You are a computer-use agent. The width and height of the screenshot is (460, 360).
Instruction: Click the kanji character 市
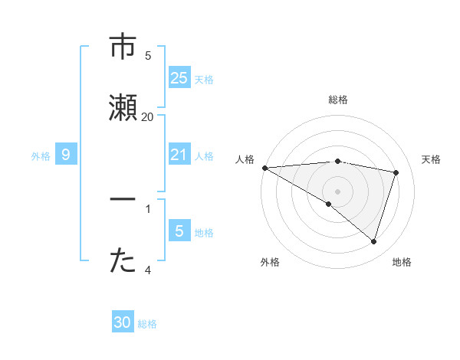123,47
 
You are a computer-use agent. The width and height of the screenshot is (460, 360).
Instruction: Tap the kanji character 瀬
123,108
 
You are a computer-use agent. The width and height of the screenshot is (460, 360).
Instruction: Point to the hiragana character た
123,261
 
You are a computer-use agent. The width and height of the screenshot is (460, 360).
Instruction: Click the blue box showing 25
179,77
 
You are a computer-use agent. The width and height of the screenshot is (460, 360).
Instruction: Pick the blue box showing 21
179,155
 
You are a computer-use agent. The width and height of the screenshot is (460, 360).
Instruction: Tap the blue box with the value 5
179,231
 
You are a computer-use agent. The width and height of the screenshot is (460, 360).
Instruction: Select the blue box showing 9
66,155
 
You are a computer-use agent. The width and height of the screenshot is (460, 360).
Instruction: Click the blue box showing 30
123,322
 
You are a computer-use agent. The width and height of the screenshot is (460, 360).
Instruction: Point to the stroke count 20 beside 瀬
147,116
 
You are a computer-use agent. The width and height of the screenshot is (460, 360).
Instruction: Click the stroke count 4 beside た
148,270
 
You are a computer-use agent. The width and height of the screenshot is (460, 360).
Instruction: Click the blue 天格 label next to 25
204,79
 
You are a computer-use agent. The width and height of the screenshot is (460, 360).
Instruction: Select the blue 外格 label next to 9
41,155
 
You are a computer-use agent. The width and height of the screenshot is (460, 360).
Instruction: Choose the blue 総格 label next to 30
147,324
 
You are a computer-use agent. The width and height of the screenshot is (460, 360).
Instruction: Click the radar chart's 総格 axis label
338,100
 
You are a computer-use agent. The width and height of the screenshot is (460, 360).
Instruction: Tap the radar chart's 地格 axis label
402,262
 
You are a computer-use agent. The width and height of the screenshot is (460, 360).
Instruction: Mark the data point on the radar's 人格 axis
264,168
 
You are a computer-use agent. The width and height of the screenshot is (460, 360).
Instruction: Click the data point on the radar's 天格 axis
396,172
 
